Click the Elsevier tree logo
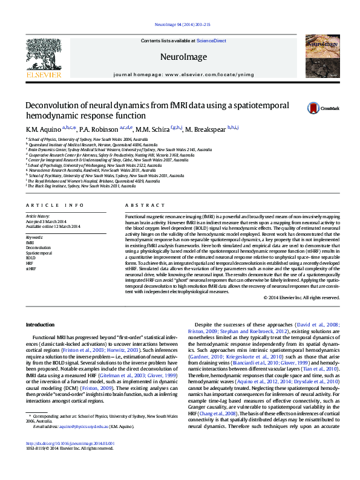click(44, 55)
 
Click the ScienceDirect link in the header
click(211, 41)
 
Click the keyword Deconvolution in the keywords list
click(38, 248)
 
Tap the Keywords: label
click(34, 238)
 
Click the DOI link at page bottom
click(70, 444)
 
